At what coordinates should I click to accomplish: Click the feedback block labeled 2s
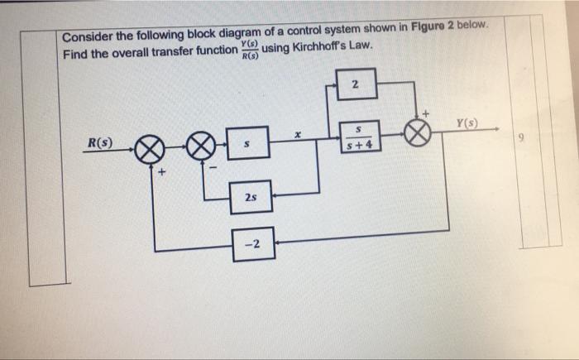[250, 199]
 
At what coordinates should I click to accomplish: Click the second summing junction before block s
[200, 150]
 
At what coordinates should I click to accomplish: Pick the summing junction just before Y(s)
[419, 134]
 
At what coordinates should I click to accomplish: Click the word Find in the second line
[75, 55]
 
